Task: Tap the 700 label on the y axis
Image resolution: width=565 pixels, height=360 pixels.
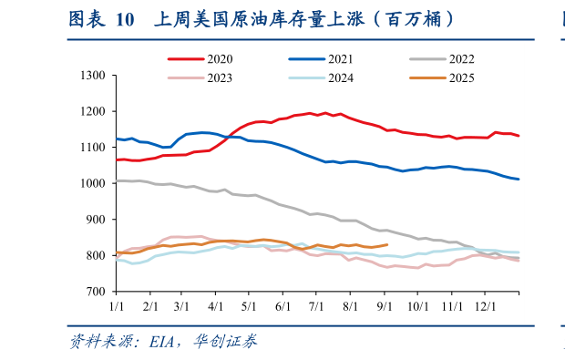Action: (97, 292)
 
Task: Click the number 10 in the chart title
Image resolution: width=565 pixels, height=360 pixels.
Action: (124, 19)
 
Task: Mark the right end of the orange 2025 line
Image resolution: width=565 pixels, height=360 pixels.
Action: (387, 244)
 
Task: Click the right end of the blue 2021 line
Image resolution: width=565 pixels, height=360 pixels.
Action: (519, 179)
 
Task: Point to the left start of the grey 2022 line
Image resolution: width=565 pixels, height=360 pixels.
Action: (115, 180)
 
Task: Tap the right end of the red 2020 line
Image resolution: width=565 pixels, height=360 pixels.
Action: (519, 136)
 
